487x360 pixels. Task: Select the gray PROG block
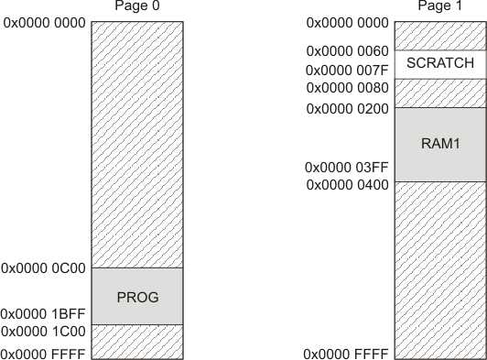[137, 296]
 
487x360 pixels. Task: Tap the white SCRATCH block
[439, 64]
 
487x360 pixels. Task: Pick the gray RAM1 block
[439, 144]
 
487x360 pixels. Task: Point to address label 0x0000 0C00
[44, 269]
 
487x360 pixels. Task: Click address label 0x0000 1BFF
[44, 312]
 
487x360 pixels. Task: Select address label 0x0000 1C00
[44, 330]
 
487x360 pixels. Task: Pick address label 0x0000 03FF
[346, 168]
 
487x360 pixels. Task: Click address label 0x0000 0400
[346, 185]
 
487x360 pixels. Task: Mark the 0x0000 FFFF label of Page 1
[346, 354]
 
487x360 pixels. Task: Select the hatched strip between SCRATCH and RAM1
[439, 93]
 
